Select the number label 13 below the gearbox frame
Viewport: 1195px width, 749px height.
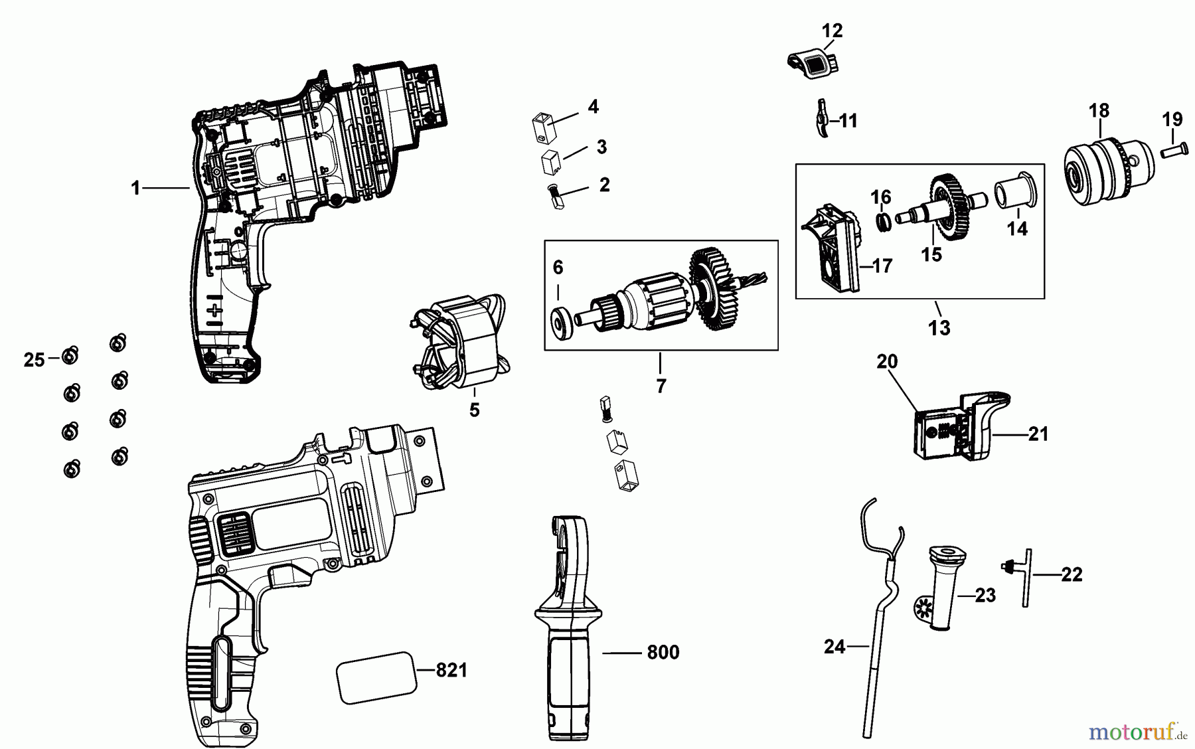939,327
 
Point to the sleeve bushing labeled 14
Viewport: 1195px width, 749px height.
1015,191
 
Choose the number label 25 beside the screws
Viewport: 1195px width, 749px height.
34,360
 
